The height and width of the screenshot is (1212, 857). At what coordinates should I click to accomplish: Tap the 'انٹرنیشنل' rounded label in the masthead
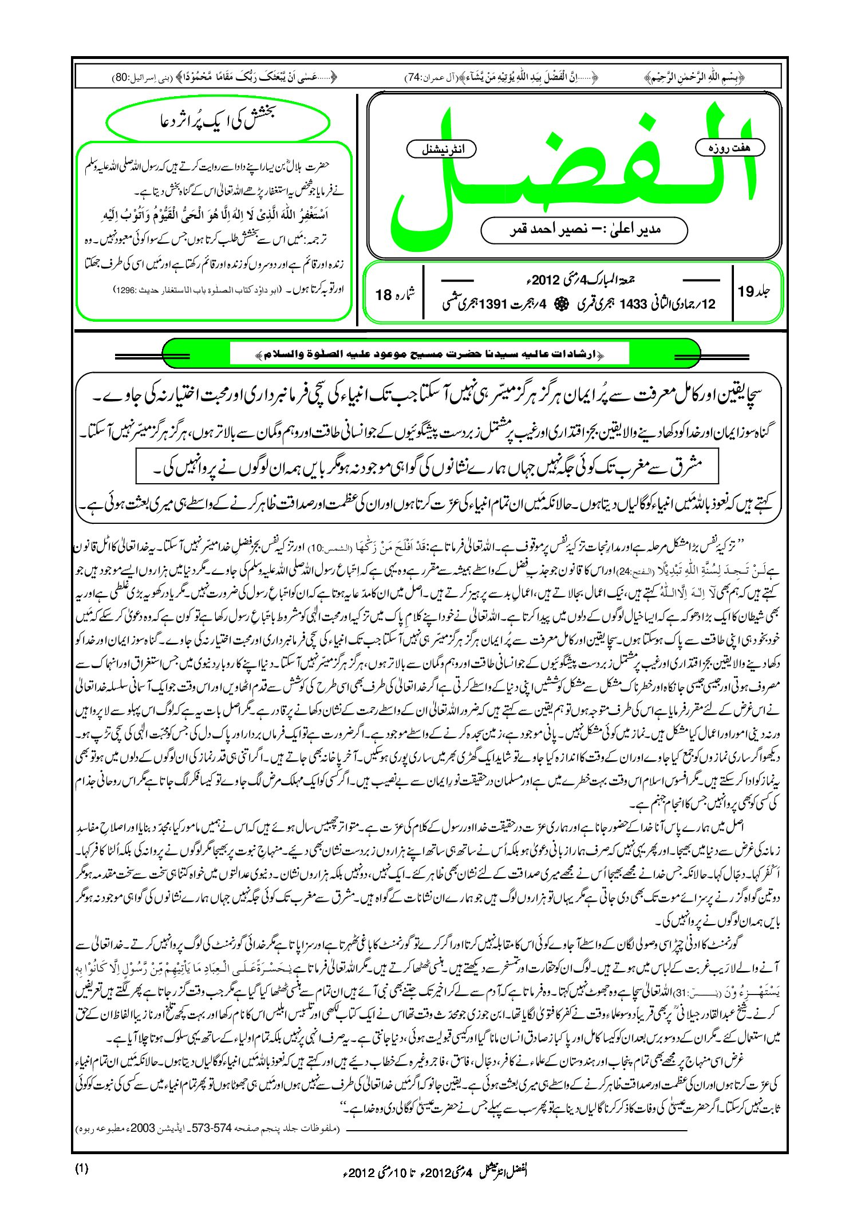point(441,150)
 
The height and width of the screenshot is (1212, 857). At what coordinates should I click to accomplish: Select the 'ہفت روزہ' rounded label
point(729,148)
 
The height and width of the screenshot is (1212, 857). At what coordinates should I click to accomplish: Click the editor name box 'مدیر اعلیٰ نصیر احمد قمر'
point(584,230)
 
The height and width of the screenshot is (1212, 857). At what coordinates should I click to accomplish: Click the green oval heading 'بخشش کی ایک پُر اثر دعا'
point(218,121)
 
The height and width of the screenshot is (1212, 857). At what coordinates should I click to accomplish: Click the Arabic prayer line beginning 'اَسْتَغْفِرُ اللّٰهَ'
point(218,215)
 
